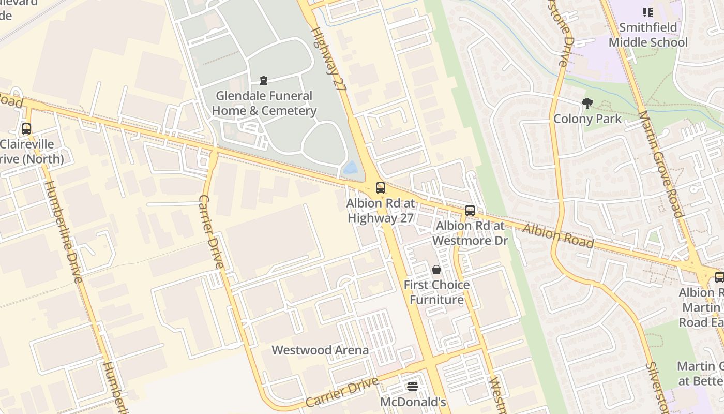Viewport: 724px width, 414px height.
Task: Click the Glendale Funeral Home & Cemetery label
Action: click(264, 103)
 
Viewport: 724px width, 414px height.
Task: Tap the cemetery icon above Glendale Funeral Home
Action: click(264, 81)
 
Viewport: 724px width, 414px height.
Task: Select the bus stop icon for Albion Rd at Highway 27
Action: click(381, 188)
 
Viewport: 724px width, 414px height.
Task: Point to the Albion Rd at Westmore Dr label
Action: click(470, 233)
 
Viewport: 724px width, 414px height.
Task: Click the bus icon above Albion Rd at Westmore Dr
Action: click(470, 211)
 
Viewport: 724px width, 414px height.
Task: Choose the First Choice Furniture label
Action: click(436, 292)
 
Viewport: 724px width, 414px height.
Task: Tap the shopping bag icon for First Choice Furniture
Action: click(436, 270)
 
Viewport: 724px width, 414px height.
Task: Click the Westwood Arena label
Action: click(320, 350)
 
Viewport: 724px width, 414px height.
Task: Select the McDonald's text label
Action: click(413, 402)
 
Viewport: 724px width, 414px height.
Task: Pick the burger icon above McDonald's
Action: click(413, 386)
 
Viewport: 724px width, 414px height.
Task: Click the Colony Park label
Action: click(587, 119)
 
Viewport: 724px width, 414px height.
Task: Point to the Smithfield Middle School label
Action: click(648, 35)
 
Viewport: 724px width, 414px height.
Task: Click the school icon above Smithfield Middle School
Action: click(648, 12)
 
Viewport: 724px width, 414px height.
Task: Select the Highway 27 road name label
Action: click(329, 60)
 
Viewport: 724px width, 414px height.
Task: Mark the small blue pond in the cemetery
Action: click(351, 168)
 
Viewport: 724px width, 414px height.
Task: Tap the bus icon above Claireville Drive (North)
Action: click(26, 129)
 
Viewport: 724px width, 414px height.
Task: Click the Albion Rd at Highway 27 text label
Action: click(381, 211)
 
